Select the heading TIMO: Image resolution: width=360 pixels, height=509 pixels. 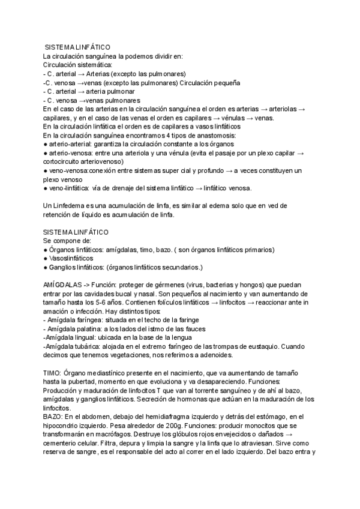[53, 373]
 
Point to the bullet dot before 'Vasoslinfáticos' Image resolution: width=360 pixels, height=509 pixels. [46, 258]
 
